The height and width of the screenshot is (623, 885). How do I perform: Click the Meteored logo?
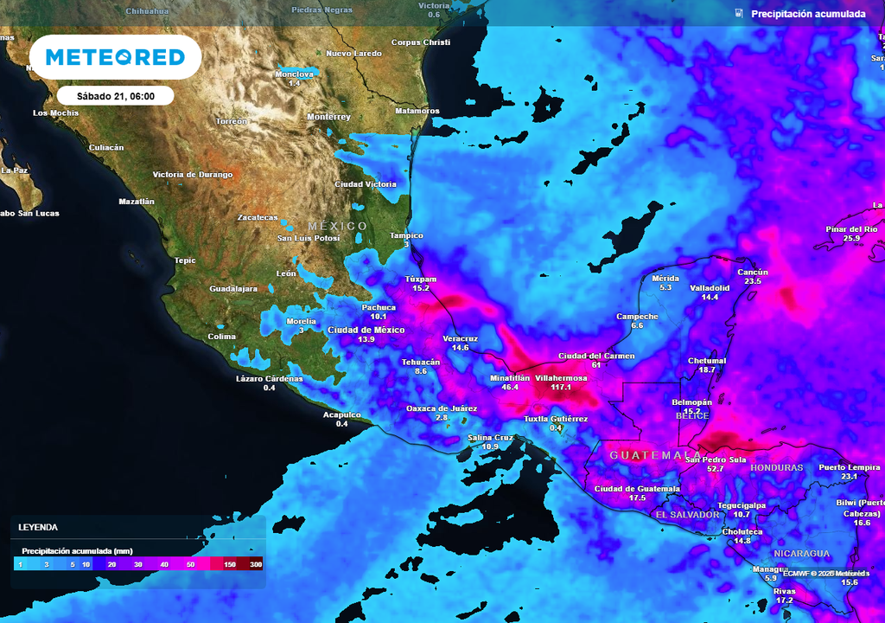115,57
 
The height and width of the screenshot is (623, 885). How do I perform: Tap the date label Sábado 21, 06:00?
116,96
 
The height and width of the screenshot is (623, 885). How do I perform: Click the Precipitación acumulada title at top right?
808,14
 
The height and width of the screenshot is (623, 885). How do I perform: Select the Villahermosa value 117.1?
561,387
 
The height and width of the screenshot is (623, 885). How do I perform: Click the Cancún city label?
752,272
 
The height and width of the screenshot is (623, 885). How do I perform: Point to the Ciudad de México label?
366,330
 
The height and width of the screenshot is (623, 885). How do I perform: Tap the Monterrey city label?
328,117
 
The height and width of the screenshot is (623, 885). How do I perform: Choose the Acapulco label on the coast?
341,414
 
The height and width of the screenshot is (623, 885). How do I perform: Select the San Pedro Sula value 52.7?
715,468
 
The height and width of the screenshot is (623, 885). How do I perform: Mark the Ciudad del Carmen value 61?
596,365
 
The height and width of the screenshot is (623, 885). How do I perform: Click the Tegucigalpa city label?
742,505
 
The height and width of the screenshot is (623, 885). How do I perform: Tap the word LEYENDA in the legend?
38,527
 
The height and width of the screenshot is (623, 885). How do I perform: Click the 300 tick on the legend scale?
256,564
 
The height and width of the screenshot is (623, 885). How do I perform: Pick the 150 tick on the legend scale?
229,564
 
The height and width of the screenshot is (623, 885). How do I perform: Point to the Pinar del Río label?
851,229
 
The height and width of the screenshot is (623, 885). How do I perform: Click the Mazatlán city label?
137,202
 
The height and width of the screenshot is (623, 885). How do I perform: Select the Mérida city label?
665,279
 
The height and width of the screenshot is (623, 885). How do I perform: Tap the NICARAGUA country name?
801,554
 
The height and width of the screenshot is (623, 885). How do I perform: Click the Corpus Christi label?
421,42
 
